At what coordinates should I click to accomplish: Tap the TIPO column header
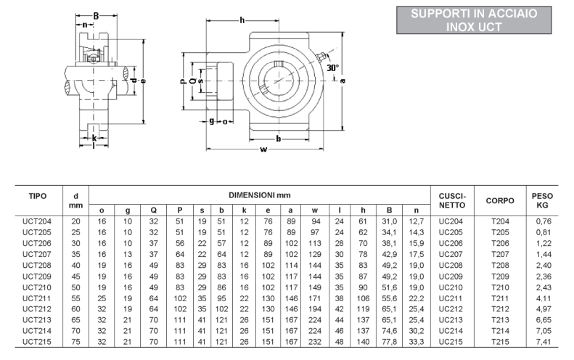[x=38, y=196]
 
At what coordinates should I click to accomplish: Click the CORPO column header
[x=500, y=200]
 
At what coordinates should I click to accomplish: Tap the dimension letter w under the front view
[x=263, y=150]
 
